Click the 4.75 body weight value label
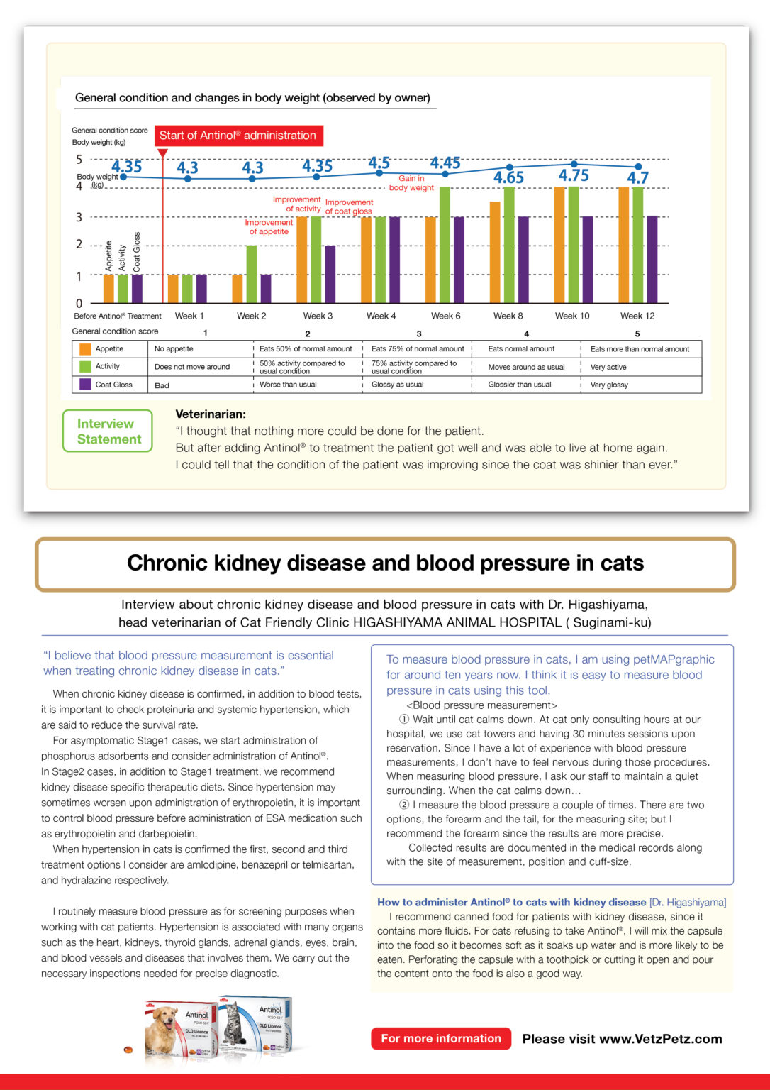click(x=573, y=175)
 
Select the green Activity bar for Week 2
click(x=252, y=274)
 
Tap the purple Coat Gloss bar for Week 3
click(x=330, y=274)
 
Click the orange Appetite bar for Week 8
click(x=495, y=252)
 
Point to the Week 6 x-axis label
click(x=445, y=316)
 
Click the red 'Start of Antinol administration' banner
click(x=238, y=136)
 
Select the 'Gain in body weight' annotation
click(x=411, y=183)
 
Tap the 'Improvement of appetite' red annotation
click(x=269, y=226)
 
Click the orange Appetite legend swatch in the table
click(x=86, y=349)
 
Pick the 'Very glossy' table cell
click(x=609, y=385)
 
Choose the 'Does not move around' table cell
click(x=192, y=367)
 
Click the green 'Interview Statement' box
click(x=108, y=431)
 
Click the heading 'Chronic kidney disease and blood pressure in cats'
click(x=385, y=563)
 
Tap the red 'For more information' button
click(x=440, y=1038)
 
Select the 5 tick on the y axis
click(x=79, y=160)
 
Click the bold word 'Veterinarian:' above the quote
click(x=211, y=414)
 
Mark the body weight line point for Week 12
click(x=639, y=167)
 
